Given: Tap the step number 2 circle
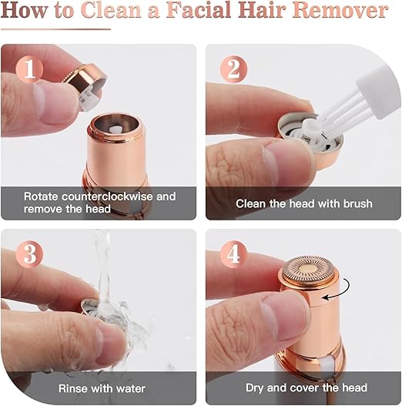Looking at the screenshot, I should [230, 70].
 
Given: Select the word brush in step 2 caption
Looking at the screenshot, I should [356, 203].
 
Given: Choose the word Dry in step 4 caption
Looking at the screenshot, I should [256, 388].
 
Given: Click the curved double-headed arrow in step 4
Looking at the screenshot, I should [334, 295].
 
